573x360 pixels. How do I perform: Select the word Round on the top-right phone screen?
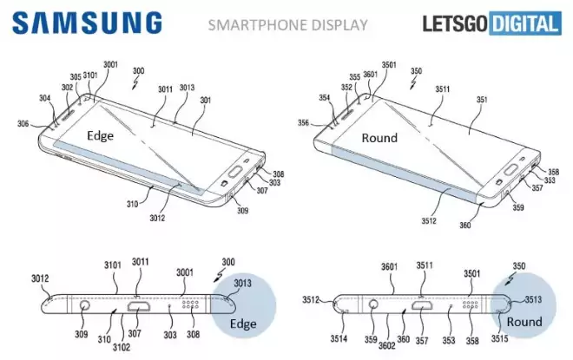point(379,137)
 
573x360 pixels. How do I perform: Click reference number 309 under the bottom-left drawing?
point(80,334)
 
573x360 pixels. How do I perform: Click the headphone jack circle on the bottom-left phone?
point(85,306)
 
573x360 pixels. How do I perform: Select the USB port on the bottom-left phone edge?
point(140,306)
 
